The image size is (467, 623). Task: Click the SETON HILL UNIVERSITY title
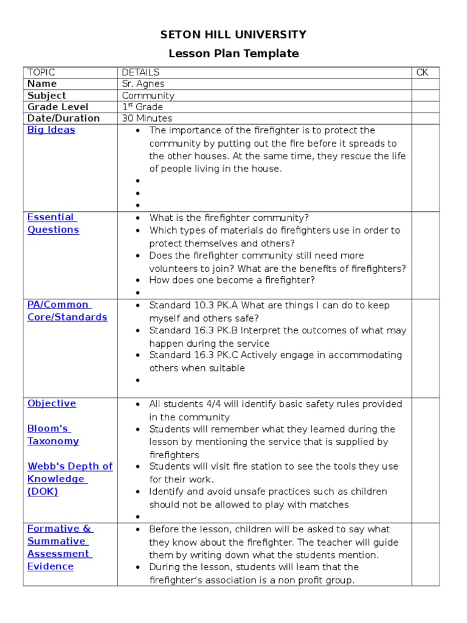233,35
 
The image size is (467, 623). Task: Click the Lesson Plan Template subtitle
233,54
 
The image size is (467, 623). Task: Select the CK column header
422,72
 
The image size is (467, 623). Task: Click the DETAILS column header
140,72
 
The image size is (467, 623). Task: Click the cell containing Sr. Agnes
143,84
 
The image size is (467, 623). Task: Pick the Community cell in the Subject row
148,96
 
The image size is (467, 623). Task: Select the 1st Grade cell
142,107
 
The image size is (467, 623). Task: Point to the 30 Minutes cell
147,119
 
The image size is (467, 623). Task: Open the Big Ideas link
51,130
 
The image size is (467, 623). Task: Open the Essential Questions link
53,223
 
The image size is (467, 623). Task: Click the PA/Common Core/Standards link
67,311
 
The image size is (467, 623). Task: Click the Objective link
52,403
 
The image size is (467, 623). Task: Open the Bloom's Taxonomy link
53,434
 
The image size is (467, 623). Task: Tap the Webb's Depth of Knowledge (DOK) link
69,479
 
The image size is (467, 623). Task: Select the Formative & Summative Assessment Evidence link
60,548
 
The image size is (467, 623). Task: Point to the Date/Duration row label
63,119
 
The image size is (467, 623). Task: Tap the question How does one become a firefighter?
232,280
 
